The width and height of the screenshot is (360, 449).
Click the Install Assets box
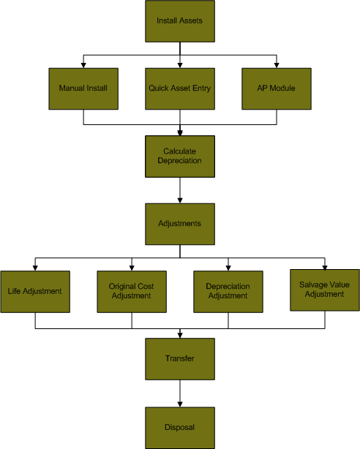coord(180,21)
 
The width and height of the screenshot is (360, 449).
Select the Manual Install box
coord(83,88)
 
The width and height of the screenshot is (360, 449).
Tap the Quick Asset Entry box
coord(180,88)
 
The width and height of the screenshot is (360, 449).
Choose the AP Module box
coord(277,88)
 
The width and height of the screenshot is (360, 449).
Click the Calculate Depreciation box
coord(180,156)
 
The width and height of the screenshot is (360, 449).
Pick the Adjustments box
coord(180,224)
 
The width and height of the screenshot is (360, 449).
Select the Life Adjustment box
coord(35,292)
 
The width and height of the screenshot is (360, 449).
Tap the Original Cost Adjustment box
coord(132,292)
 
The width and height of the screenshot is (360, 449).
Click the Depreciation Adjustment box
coord(228,292)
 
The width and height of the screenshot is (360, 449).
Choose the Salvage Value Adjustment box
coord(325,290)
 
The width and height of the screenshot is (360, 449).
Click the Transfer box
coord(180,359)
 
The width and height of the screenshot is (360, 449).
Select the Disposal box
coord(180,428)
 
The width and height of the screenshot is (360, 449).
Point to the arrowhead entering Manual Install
coord(83,65)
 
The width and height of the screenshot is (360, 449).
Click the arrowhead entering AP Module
coord(277,65)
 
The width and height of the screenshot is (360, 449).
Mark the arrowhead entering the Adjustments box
coord(180,200)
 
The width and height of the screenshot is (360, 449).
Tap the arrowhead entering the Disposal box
coord(180,404)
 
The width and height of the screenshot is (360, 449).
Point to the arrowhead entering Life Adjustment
coord(35,268)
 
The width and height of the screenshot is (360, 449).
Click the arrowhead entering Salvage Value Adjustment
coord(325,268)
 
